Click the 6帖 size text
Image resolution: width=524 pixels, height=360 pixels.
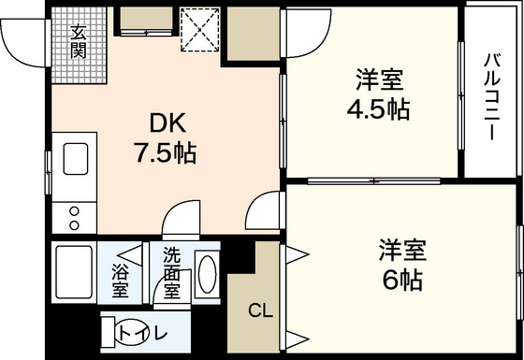point(401,280)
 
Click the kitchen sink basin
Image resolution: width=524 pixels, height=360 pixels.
point(76,159)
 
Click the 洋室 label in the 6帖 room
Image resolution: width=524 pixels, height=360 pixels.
point(402,251)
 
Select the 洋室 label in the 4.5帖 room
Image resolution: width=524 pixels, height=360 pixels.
point(379,79)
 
